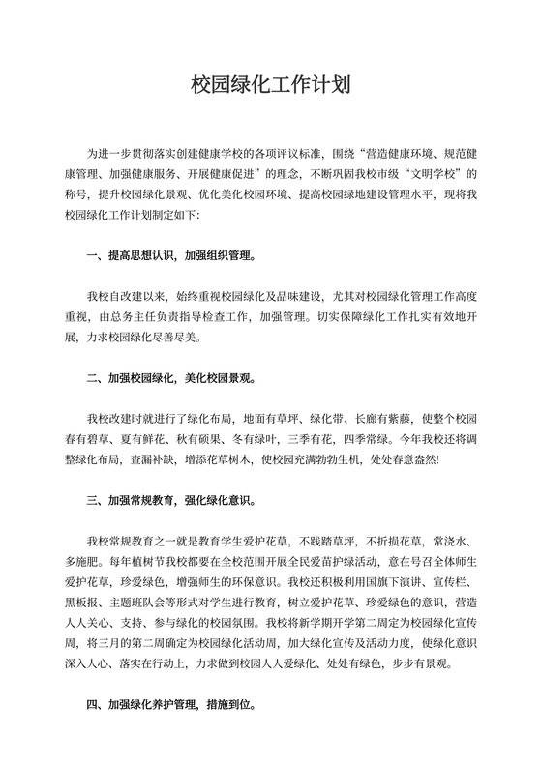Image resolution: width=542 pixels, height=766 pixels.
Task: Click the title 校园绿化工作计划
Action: pyautogui.click(x=270, y=85)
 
